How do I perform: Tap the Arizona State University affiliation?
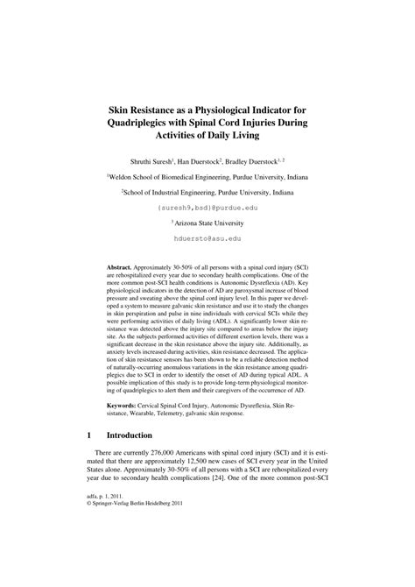(x=207, y=223)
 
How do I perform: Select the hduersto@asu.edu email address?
(x=207, y=238)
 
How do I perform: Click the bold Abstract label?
(x=119, y=263)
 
